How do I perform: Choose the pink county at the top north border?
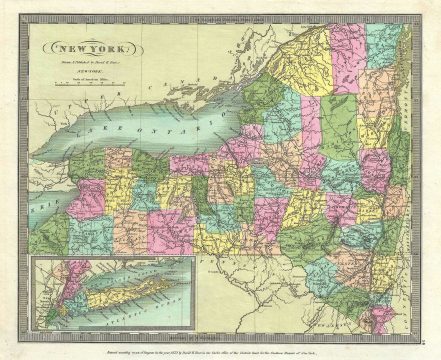pos(347,50)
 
